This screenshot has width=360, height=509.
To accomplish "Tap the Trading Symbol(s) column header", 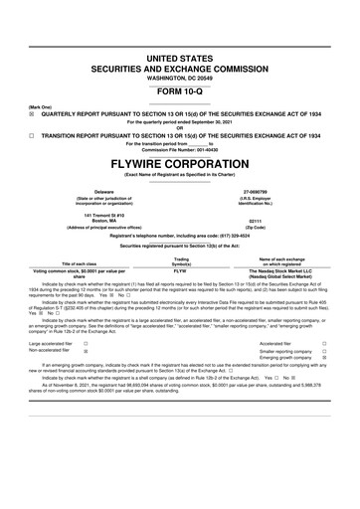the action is click(181, 260).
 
